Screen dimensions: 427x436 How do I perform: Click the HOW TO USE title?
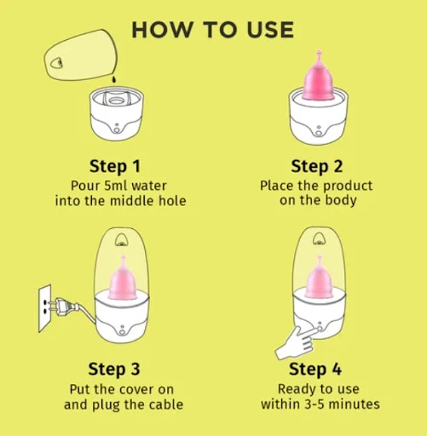213,30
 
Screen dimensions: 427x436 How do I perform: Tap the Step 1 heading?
115,166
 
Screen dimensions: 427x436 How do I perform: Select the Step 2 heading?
317,166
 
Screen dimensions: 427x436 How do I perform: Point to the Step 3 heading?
114,370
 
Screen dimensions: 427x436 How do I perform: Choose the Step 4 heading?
315,370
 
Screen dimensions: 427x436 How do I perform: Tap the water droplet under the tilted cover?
114,79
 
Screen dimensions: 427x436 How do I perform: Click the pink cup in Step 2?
319,76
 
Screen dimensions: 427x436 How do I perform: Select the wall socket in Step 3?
45,308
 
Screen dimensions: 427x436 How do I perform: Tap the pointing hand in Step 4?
297,343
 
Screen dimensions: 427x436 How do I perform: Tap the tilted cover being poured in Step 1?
81,55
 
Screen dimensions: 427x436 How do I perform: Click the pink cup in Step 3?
123,278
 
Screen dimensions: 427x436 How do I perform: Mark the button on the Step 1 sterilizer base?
117,130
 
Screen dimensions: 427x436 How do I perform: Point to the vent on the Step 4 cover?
320,239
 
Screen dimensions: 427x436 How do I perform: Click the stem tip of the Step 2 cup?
319,52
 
